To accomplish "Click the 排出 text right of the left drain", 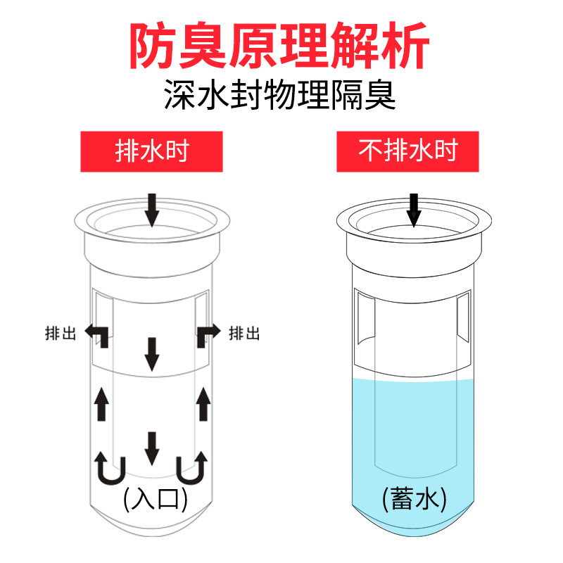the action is coord(244,332).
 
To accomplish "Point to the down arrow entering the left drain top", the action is coord(152,209).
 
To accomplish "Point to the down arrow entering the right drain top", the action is coord(414,209).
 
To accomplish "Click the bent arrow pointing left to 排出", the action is coord(98,333).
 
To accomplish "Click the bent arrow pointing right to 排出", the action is coord(209,333).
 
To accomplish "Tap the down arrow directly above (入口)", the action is coord(151,448).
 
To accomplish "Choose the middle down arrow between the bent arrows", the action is coord(151,353).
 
